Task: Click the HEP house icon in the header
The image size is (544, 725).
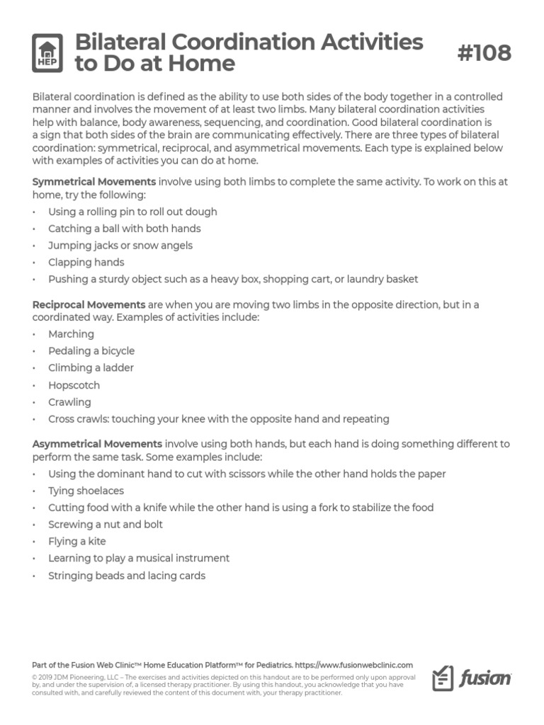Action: pyautogui.click(x=48, y=53)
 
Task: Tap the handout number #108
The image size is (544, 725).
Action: pyautogui.click(x=484, y=52)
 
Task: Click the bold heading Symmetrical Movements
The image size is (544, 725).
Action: pyautogui.click(x=94, y=181)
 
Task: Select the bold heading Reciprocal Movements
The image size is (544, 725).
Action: pyautogui.click(x=89, y=304)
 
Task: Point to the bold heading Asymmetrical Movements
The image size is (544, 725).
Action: pyautogui.click(x=97, y=444)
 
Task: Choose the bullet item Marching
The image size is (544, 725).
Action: pyautogui.click(x=71, y=333)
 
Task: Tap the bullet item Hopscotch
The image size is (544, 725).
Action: pyautogui.click(x=74, y=385)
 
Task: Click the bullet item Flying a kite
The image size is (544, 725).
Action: pyautogui.click(x=76, y=541)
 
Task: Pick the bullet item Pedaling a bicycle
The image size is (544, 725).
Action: pyautogui.click(x=91, y=350)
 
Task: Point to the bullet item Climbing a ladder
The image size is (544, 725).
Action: pyautogui.click(x=91, y=367)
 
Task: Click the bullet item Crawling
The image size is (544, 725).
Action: pyautogui.click(x=69, y=402)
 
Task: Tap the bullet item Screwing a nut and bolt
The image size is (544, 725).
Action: pyautogui.click(x=105, y=524)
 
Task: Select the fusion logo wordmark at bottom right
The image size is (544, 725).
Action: pyautogui.click(x=485, y=679)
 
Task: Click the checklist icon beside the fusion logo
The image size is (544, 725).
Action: pyautogui.click(x=443, y=678)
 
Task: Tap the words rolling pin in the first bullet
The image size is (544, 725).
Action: pyautogui.click(x=109, y=212)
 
